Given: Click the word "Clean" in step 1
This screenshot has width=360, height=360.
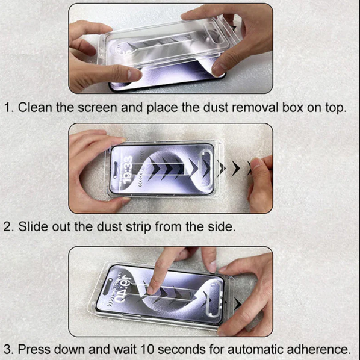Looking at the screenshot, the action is [35, 107].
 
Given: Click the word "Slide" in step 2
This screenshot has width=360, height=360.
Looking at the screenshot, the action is [33, 226].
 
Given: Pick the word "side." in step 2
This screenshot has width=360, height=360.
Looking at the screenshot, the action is [222, 226].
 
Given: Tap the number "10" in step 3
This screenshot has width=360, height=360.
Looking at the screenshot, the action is [147, 349].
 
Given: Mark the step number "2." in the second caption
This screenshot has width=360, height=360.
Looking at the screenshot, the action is [9, 226].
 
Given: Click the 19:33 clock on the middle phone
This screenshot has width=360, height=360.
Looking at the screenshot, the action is [128, 169].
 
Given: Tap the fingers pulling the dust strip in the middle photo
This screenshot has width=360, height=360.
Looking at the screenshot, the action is [261, 181].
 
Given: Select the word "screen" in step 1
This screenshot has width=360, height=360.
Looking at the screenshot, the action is [98, 108].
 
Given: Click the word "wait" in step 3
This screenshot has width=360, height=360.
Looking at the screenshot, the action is [125, 349].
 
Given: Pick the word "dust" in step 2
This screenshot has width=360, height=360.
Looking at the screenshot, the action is [110, 226].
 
